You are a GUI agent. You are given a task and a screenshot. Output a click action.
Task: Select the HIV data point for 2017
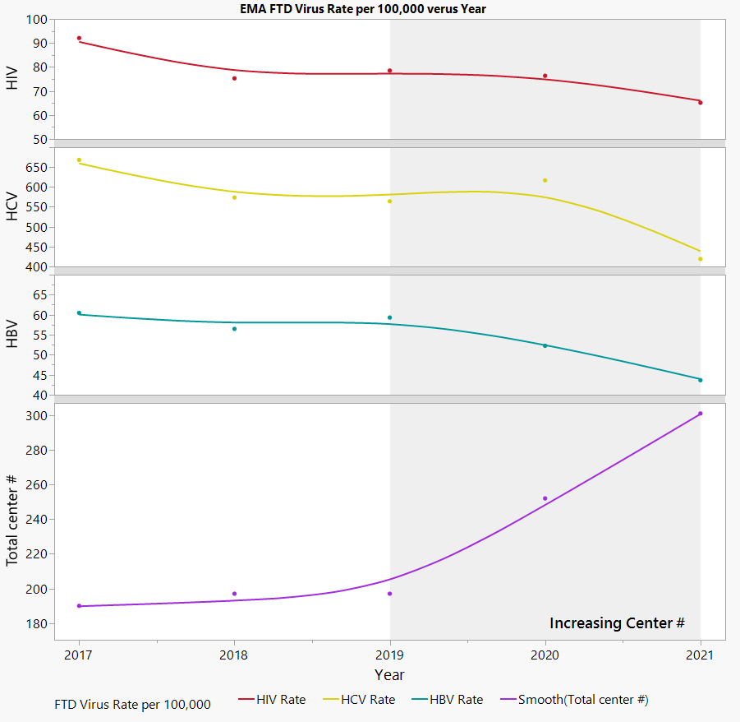point(79,39)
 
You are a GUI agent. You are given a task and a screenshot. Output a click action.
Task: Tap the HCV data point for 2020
point(545,180)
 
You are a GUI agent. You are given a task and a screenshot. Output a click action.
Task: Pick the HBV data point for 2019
point(390,317)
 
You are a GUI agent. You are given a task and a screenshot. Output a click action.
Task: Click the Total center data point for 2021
point(701,414)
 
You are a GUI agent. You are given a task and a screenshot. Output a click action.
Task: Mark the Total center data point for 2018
point(234,594)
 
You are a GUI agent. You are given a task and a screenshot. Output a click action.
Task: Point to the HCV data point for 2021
point(701,259)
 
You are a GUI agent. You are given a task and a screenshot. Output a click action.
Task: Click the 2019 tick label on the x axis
point(390,655)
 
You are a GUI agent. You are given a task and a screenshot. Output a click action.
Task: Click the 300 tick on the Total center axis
point(36,416)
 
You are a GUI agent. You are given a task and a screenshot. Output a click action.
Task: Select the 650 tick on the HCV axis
point(36,167)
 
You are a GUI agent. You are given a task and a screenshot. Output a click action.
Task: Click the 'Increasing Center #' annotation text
point(617,622)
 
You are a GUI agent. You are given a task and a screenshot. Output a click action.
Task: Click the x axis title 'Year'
point(389,675)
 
